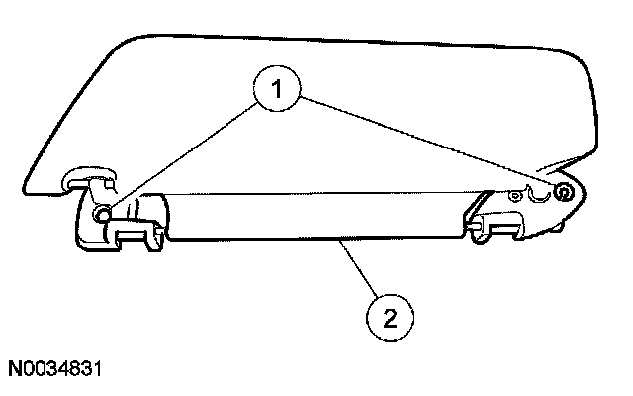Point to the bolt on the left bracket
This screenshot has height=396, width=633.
(102, 213)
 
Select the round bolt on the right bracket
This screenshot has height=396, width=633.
(562, 192)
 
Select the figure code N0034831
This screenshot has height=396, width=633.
(58, 370)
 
